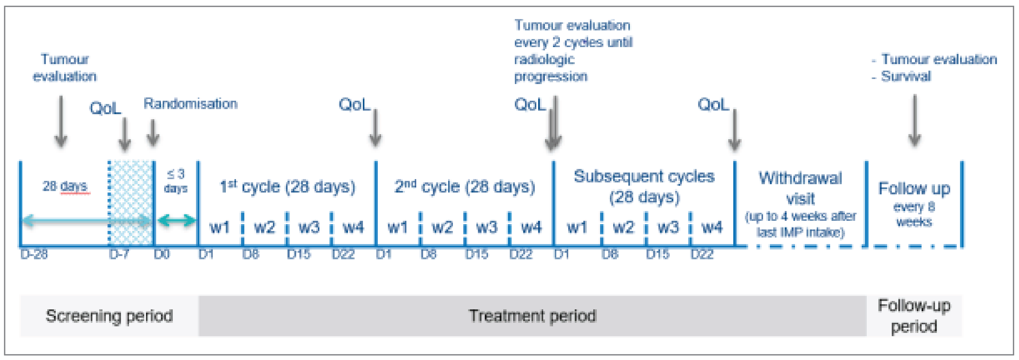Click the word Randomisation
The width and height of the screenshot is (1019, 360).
[x=190, y=104]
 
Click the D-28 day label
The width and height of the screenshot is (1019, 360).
[x=34, y=254]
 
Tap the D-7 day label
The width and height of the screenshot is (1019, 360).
[x=119, y=254]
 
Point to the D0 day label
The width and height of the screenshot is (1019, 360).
[x=162, y=254]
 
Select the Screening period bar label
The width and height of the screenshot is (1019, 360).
[x=109, y=316]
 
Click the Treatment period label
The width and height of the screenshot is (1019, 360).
[x=532, y=316]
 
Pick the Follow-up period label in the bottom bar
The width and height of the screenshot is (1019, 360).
[x=914, y=316]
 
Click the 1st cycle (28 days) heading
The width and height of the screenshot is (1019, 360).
[x=288, y=186]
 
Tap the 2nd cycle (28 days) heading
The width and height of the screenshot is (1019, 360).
[x=465, y=186]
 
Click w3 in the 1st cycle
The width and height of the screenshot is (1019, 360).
[x=309, y=227]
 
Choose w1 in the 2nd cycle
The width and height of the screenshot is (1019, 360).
[x=397, y=227]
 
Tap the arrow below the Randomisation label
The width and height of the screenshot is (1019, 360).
[x=153, y=133]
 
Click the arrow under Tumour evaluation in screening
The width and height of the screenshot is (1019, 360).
[x=61, y=121]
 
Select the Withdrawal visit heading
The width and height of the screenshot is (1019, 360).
[x=800, y=188]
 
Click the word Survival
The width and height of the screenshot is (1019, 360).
[x=906, y=76]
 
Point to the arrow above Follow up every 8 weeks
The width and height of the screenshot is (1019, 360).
[x=914, y=120]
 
